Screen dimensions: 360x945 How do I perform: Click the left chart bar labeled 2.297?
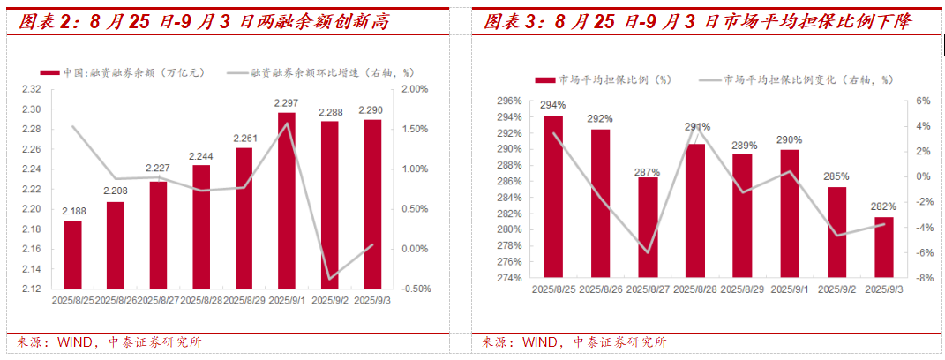click(x=287, y=200)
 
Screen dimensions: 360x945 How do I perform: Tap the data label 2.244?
click(x=201, y=157)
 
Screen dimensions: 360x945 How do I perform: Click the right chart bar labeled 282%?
click(x=883, y=248)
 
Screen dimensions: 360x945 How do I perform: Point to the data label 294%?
click(x=553, y=105)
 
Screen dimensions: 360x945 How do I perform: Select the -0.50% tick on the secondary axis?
click(x=413, y=289)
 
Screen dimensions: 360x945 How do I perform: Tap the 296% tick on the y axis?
click(x=508, y=101)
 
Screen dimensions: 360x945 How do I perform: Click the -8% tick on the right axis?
click(x=923, y=279)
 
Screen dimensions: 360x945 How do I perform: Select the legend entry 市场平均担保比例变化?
click(x=799, y=79)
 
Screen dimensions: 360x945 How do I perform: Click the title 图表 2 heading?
click(x=204, y=20)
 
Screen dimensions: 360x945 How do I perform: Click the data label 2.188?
click(x=72, y=212)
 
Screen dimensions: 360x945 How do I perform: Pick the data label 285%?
click(x=836, y=176)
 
